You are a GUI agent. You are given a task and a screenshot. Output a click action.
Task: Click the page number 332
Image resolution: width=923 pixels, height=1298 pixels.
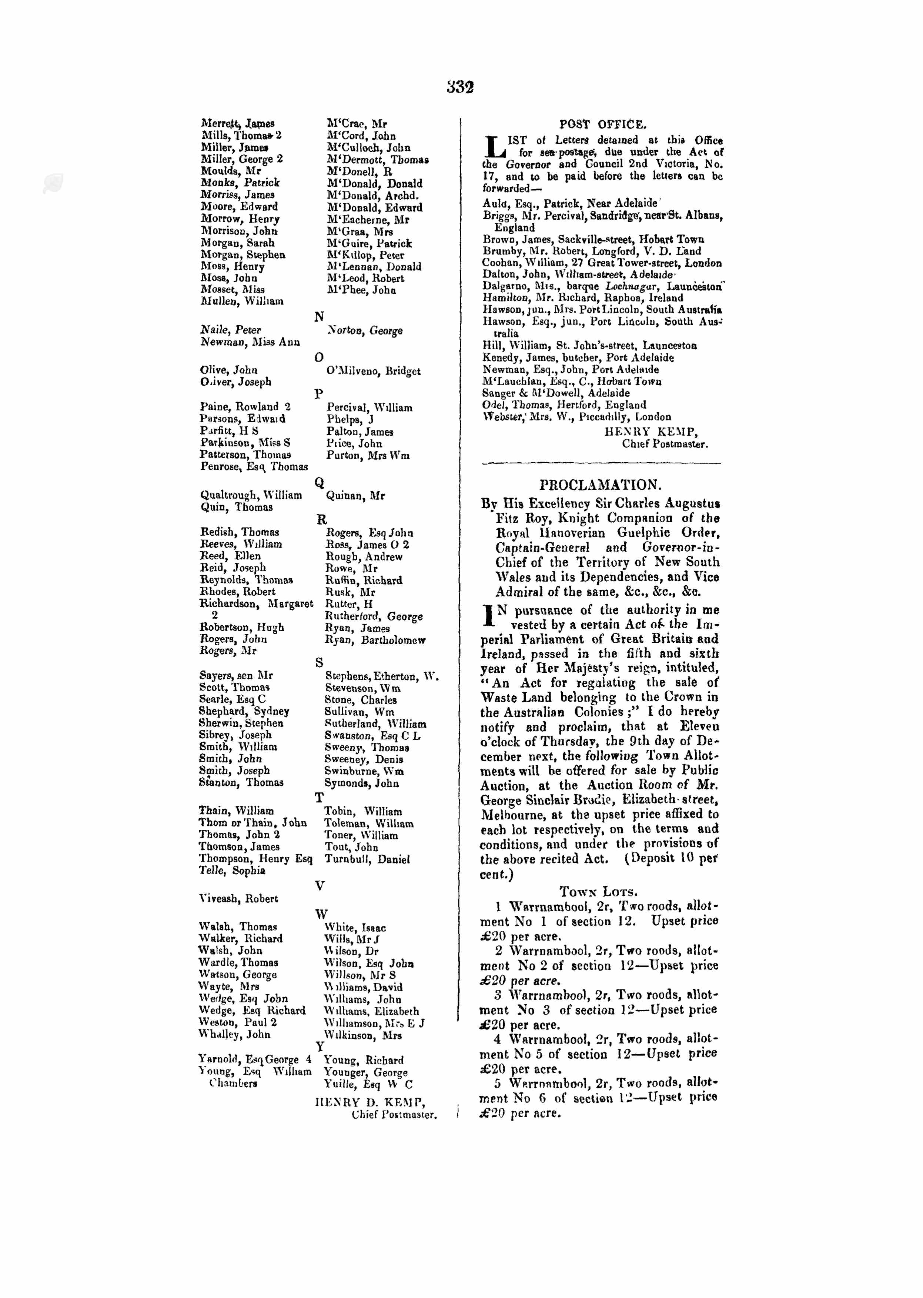[460, 87]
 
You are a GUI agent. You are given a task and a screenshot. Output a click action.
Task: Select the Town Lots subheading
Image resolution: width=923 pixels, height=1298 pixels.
[598, 892]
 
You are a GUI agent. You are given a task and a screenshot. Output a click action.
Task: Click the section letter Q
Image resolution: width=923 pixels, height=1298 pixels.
[320, 483]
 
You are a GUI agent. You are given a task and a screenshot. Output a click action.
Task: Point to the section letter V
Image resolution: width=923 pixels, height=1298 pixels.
[320, 885]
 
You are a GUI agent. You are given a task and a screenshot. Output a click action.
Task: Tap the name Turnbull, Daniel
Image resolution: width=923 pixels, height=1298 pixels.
[367, 859]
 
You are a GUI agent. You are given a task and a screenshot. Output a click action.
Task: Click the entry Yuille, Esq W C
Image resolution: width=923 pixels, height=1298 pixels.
[368, 1084]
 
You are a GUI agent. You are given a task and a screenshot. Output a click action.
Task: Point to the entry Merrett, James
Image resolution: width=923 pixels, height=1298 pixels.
[238, 123]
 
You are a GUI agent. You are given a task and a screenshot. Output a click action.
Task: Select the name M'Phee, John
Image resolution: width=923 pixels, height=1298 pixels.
[361, 290]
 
